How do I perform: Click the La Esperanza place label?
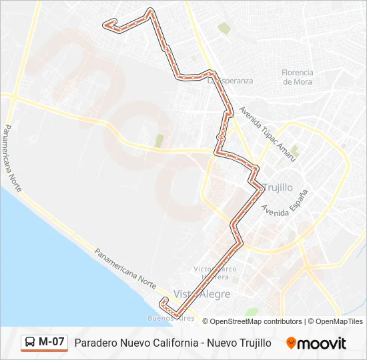(231, 81)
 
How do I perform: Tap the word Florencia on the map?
(298, 73)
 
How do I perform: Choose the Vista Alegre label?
(202, 294)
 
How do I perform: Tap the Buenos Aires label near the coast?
(171, 318)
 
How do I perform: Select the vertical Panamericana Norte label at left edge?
(13, 159)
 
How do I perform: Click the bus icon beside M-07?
(30, 343)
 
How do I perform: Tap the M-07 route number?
(52, 343)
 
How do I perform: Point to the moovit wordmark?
(322, 343)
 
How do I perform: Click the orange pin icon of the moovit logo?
(291, 343)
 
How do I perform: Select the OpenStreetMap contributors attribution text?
(255, 321)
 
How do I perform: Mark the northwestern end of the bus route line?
(105, 25)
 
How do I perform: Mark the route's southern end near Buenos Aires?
(162, 303)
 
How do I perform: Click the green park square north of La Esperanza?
(224, 28)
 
